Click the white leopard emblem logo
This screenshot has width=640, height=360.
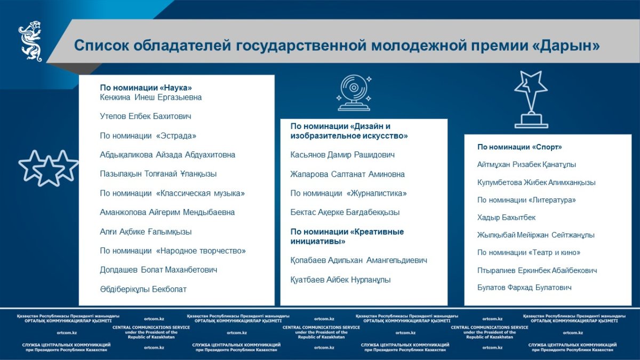pos(30,41)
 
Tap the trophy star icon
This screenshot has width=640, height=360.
pos(531,99)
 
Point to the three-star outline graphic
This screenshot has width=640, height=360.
pos(49,168)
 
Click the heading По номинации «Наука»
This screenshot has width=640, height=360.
pos(146,87)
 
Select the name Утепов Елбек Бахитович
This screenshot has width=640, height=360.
pos(146,116)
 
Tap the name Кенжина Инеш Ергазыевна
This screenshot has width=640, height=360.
pos(151,98)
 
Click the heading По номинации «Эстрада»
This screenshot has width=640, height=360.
pos(148,135)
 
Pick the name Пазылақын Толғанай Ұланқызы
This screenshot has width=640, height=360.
pos(158,174)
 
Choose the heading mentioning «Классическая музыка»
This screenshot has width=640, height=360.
pos(172,194)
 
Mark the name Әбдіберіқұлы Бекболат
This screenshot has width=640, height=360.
pos(143,289)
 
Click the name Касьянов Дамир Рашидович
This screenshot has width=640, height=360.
pos(342,155)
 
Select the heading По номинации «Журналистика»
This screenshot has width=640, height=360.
pos(348,194)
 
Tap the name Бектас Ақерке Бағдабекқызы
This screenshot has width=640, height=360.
pos(345,212)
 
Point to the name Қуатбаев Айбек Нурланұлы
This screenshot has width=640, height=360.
pos(340,279)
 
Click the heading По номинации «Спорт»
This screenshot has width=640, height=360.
pos(519,147)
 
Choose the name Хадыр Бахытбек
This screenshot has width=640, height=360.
pos(506,218)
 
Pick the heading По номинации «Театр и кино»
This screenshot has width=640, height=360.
pos(529,253)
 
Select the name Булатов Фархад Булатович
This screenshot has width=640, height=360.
pos(524,287)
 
